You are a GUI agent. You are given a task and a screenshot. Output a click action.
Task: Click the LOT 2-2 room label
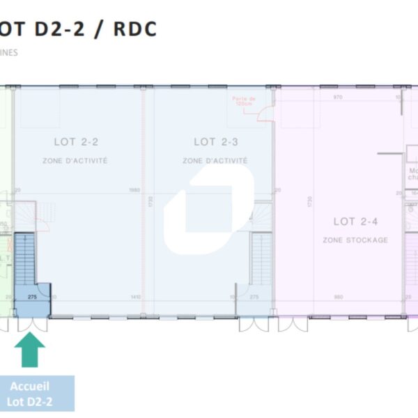pyautogui.click(x=76, y=142)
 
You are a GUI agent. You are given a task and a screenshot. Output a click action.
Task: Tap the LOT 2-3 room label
pyautogui.click(x=216, y=142)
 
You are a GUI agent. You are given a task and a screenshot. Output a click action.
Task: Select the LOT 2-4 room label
pyautogui.click(x=355, y=222)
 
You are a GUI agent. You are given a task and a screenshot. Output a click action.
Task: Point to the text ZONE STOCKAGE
pyautogui.click(x=355, y=240)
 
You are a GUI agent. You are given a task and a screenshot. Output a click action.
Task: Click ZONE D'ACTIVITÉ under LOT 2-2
pyautogui.click(x=76, y=161)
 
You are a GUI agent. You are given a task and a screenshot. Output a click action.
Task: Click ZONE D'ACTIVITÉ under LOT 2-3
pyautogui.click(x=215, y=161)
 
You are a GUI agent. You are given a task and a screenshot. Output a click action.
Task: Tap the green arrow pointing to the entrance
pyautogui.click(x=30, y=350)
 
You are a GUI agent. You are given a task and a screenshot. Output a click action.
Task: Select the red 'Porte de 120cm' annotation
pyautogui.click(x=245, y=101)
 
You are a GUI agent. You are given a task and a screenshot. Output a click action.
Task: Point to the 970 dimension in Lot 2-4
pyautogui.click(x=339, y=97)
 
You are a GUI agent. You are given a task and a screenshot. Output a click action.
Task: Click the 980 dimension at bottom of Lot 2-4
pyautogui.click(x=339, y=297)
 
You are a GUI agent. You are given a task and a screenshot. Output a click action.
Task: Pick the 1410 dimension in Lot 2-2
pyautogui.click(x=136, y=297)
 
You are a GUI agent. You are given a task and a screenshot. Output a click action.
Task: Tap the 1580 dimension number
pyautogui.click(x=136, y=190)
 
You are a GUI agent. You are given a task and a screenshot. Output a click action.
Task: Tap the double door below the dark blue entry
pyautogui.click(x=31, y=324)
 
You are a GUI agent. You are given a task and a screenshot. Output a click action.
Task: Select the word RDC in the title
pyautogui.click(x=137, y=29)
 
